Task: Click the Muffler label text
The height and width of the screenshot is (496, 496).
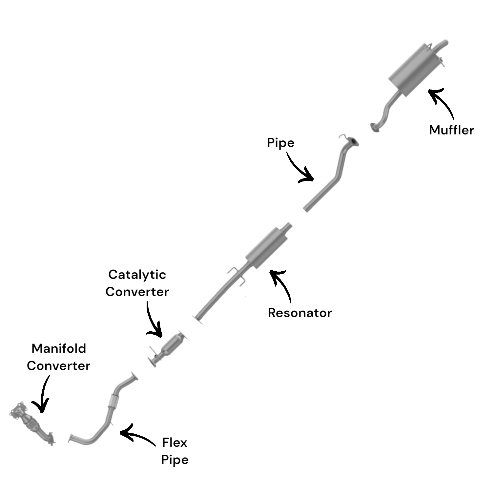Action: coord(451,130)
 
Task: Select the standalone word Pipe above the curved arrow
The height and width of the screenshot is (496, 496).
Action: coord(280,143)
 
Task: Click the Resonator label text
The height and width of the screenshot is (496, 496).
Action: coord(300,313)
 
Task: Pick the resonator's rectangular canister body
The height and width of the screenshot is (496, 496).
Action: coord(267,248)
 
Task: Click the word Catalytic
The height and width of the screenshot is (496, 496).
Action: coord(137,275)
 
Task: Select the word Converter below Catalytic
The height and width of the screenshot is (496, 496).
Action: coord(137,292)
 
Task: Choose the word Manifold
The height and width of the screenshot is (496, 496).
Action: coord(59,348)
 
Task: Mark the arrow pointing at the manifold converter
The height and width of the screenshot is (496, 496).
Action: coord(43,394)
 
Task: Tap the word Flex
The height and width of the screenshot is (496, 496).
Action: coord(175,443)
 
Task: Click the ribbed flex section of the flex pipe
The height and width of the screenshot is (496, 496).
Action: coord(113,402)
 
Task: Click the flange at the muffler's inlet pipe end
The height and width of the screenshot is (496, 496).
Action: coord(374,128)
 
